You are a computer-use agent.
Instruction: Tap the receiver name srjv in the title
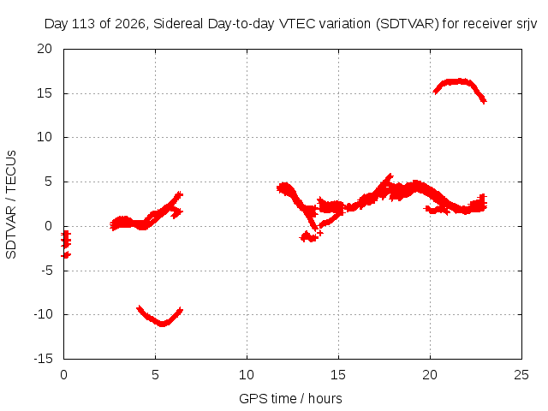click(x=527, y=25)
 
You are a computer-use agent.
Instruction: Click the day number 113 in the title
click(x=83, y=24)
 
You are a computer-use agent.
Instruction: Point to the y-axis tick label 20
click(x=45, y=49)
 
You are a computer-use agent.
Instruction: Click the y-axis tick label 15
click(x=45, y=93)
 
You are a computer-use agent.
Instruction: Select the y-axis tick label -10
click(x=43, y=314)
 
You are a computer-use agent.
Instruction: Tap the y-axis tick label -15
click(x=43, y=359)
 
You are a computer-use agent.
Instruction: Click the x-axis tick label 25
click(x=521, y=375)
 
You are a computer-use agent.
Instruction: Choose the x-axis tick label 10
click(x=247, y=375)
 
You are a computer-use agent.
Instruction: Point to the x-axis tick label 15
click(x=338, y=375)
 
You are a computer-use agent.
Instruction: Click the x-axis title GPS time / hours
click(x=290, y=398)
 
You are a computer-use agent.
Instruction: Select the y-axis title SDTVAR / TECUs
click(x=11, y=205)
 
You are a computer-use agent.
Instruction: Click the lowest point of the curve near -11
click(x=162, y=324)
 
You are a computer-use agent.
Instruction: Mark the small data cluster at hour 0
click(x=66, y=244)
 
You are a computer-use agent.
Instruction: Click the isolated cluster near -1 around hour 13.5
click(x=309, y=237)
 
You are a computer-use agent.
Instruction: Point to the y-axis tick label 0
click(x=48, y=226)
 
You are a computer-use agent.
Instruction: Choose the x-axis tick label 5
click(x=155, y=375)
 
